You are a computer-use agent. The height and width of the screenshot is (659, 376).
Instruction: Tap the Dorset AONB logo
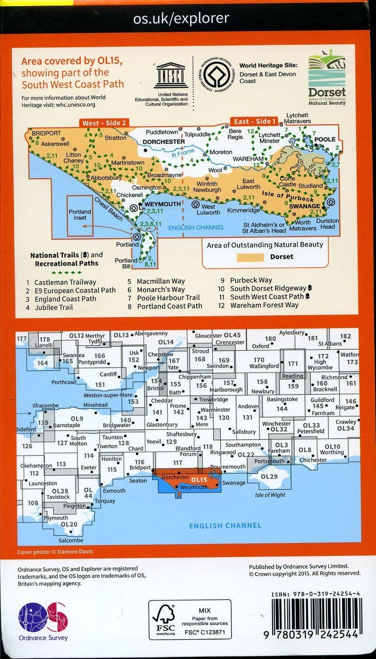pyautogui.click(x=326, y=80)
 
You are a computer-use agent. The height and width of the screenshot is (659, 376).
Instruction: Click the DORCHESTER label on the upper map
pyautogui.click(x=164, y=141)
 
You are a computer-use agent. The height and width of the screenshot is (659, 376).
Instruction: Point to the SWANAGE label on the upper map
pyautogui.click(x=304, y=206)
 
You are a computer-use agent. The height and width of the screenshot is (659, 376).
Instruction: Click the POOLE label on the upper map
pyautogui.click(x=325, y=140)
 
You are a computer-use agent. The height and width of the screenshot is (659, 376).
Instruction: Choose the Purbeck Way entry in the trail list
pyautogui.click(x=251, y=280)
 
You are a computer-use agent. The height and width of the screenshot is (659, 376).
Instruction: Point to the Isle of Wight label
pyautogui.click(x=270, y=495)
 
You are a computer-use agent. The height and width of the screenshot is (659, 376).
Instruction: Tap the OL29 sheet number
pyautogui.click(x=269, y=477)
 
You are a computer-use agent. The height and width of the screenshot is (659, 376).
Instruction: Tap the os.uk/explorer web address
pyautogui.click(x=182, y=18)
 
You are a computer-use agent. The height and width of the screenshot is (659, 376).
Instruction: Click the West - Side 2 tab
pyautogui.click(x=104, y=123)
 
